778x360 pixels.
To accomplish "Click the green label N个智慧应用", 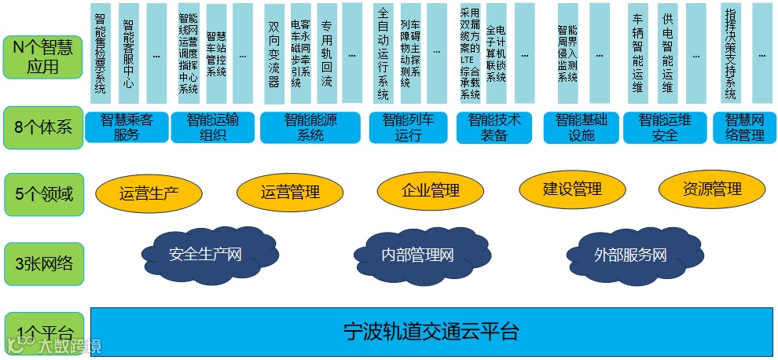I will (42, 57).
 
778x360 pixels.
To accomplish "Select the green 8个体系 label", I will (42, 127).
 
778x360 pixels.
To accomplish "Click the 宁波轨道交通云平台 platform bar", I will (431, 331).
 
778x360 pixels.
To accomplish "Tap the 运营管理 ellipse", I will (288, 192).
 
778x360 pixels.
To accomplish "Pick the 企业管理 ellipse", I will (430, 190).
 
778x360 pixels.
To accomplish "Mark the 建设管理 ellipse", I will (571, 189).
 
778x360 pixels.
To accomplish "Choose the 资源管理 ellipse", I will (711, 189).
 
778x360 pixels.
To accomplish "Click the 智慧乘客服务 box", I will (127, 127).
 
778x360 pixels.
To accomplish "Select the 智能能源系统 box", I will (310, 127).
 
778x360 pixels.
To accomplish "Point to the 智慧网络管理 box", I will (744, 127).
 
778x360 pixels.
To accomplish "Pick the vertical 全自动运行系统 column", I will (383, 53).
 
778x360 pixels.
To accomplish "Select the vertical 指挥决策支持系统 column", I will (730, 53).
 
